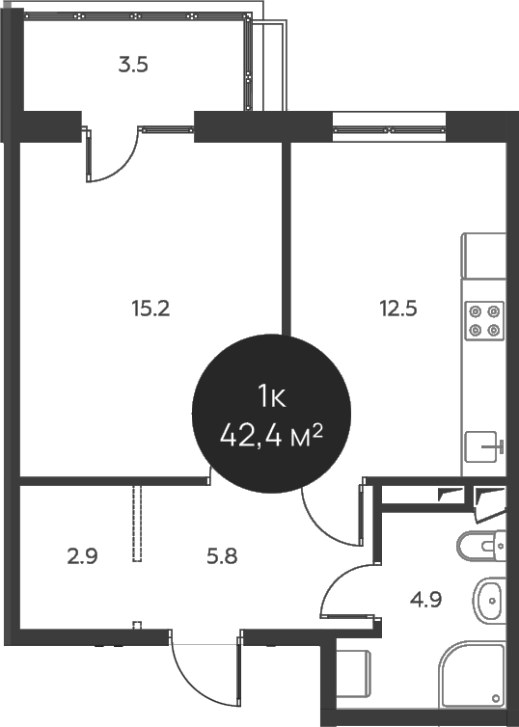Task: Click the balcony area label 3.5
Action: tap(133, 67)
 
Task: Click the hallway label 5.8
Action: tap(222, 556)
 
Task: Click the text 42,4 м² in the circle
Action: tap(270, 435)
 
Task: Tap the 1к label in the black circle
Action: tap(270, 395)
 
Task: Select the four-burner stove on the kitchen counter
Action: tap(483, 320)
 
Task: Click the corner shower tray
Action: tap(473, 680)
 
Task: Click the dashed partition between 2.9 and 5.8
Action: tap(138, 524)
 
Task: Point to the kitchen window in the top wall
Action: tap(390, 126)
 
